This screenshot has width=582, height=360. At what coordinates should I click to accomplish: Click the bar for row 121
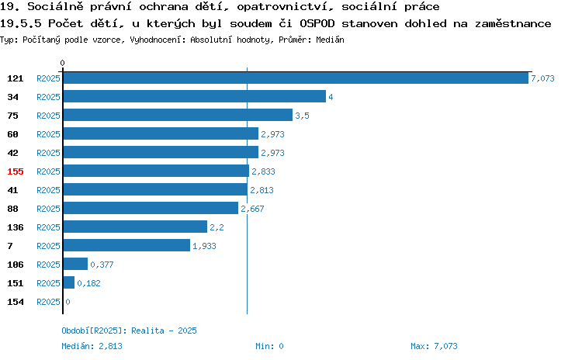[x=296, y=78]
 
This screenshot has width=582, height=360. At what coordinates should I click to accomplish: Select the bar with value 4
[x=195, y=96]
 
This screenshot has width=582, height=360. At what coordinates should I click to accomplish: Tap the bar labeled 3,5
[x=178, y=115]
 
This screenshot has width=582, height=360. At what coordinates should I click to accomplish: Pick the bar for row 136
[x=135, y=227]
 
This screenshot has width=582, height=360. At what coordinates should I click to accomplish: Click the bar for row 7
[x=126, y=245]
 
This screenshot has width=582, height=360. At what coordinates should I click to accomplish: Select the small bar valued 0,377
[x=75, y=264]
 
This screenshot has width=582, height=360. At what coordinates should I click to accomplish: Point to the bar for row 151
[x=68, y=282]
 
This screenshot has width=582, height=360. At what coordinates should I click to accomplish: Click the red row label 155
[x=16, y=171]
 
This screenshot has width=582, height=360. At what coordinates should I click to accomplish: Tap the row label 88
[x=12, y=209]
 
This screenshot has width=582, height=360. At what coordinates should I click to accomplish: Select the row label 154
[x=16, y=302]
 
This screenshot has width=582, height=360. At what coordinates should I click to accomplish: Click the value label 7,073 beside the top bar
[x=542, y=78]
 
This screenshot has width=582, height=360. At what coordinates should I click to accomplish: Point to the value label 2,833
[x=264, y=171]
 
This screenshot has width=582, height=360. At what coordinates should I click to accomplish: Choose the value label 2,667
[x=252, y=209]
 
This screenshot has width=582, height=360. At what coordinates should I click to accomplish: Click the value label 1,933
[x=204, y=246]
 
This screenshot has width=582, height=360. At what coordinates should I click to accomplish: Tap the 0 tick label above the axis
[x=62, y=63]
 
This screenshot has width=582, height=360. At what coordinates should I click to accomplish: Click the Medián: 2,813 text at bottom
[x=92, y=346]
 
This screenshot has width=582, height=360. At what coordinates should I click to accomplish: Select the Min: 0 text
[x=269, y=346]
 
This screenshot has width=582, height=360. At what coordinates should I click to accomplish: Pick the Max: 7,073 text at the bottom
[x=434, y=346]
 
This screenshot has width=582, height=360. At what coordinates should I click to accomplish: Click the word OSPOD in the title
[x=317, y=23]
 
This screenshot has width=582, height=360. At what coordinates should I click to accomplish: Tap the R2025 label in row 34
[x=48, y=97]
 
